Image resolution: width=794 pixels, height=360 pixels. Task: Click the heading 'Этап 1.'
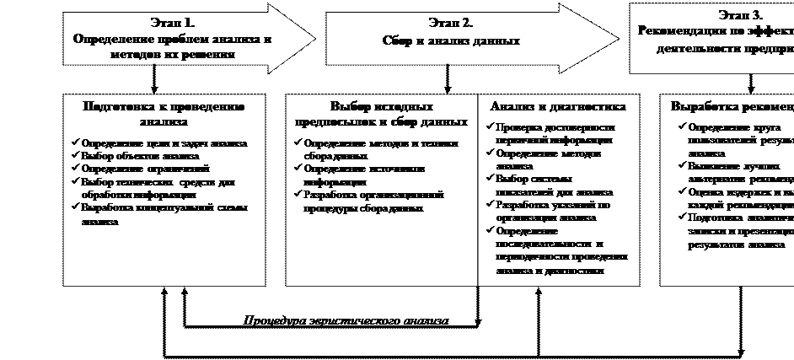(x=173, y=23)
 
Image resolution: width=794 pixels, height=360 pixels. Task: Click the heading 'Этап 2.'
(x=450, y=23)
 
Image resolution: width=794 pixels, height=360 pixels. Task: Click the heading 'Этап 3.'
(x=740, y=15)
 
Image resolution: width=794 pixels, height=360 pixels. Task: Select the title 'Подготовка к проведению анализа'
(x=164, y=114)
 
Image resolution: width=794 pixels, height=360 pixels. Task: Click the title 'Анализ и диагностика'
(x=557, y=107)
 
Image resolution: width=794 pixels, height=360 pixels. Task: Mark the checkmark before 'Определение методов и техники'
(x=298, y=143)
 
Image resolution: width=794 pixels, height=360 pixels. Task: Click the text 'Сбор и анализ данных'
(x=450, y=40)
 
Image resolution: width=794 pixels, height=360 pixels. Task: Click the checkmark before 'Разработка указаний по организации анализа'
(x=490, y=205)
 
